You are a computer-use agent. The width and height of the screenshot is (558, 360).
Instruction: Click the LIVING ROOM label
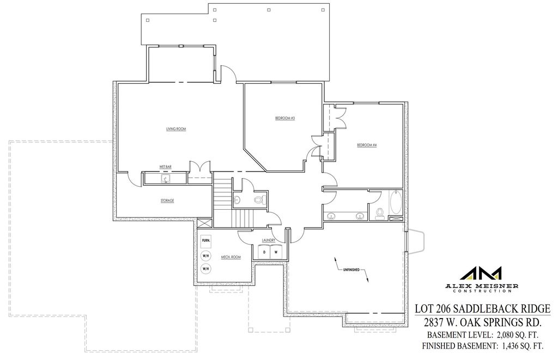click(176, 129)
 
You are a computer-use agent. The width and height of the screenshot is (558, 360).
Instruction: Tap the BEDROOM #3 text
click(285, 118)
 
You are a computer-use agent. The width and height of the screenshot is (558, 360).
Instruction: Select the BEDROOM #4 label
click(367, 145)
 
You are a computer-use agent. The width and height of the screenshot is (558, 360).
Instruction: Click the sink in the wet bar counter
click(165, 178)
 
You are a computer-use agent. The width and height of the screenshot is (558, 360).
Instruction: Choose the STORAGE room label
click(167, 201)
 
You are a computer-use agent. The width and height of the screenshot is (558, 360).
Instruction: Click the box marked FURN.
click(206, 240)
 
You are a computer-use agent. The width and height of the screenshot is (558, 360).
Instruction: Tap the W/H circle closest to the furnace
click(206, 255)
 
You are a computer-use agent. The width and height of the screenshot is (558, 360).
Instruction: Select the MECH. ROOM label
click(231, 257)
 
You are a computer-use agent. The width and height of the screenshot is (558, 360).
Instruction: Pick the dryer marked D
click(264, 252)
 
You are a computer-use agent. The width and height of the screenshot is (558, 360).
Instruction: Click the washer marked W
click(276, 252)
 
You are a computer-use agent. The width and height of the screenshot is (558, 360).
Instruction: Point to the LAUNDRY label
click(268, 240)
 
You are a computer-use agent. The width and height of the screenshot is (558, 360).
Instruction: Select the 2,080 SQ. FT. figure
click(518, 334)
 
